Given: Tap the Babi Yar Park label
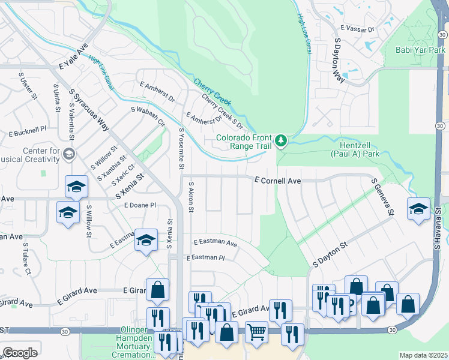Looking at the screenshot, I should pos(420,50).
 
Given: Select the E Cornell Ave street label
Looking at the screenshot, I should pos(277,179).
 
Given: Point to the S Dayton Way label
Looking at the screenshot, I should pos(338,61).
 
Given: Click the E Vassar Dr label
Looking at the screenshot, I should pos(357,29).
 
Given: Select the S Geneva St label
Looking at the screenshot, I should pos(382,196).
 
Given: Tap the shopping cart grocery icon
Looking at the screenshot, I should pos(257,332).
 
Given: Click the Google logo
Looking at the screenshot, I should pos(19,352).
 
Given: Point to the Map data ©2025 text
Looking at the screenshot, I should pos(423,355).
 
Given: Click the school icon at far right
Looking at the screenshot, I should pos(418,209).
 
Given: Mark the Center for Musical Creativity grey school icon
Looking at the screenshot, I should pos(68,154).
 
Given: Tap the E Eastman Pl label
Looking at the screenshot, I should pos(205,257).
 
